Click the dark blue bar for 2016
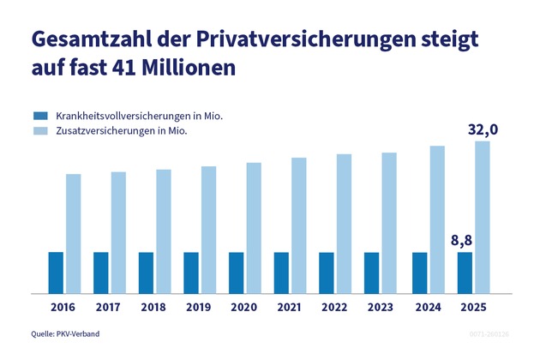pos(56,273)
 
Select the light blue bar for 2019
pos(209,230)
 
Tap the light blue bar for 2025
pos(482,217)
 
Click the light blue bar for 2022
pos(345,224)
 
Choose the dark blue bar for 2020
pos(237,273)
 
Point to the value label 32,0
pos(483,130)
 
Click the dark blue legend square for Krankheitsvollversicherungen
pos(39,115)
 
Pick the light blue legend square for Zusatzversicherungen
pos(39,131)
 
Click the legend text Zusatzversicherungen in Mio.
pos(122,131)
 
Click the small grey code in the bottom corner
pos(489,333)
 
